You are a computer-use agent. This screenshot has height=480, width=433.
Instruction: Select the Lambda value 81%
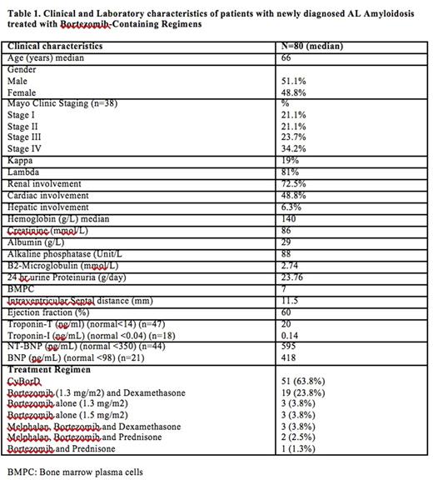tap(291, 171)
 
